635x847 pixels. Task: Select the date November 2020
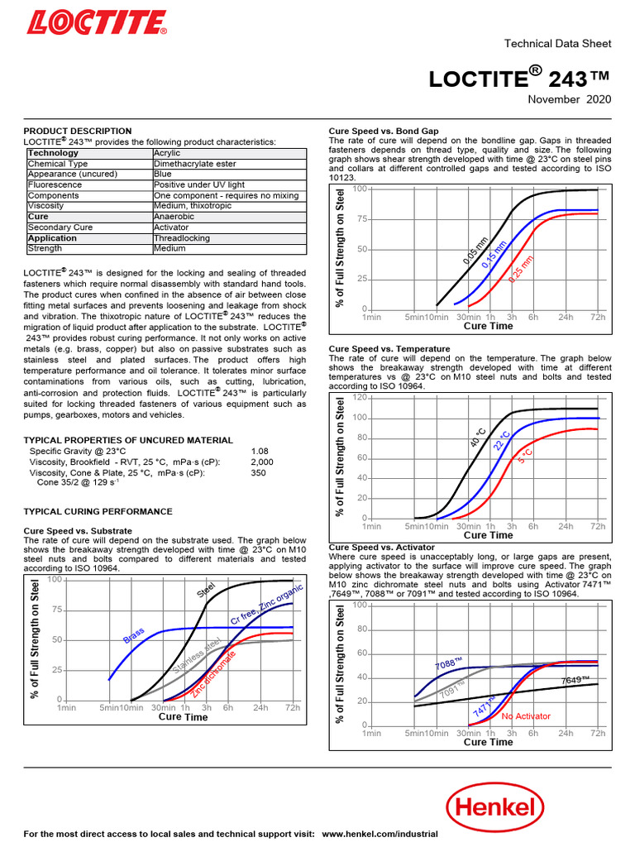(x=570, y=99)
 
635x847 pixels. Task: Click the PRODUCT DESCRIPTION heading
(x=77, y=131)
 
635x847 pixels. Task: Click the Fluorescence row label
(x=55, y=185)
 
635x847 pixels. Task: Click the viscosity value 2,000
(x=262, y=462)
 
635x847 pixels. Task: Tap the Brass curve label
(x=133, y=635)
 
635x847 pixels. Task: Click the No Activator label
(x=526, y=716)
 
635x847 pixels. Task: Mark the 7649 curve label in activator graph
(x=575, y=680)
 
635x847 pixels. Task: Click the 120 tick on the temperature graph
(x=360, y=398)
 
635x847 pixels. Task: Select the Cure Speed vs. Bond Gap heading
(x=384, y=131)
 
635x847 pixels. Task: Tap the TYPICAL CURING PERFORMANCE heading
(x=98, y=512)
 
